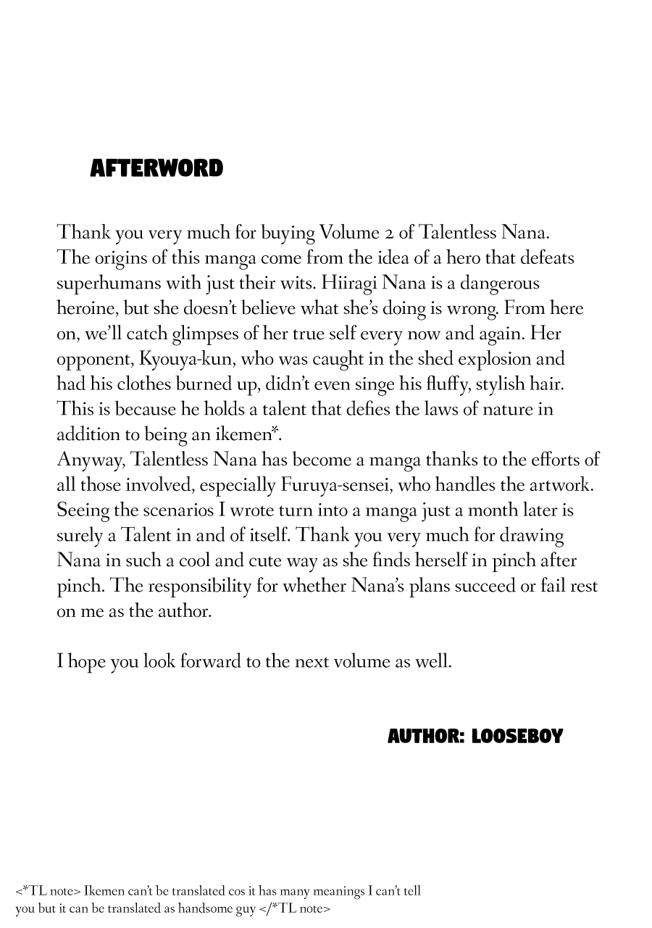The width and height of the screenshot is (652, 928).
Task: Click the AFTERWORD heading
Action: (156, 168)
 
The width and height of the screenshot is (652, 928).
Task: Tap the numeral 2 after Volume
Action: (388, 233)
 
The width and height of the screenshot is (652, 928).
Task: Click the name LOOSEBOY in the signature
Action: (517, 737)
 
